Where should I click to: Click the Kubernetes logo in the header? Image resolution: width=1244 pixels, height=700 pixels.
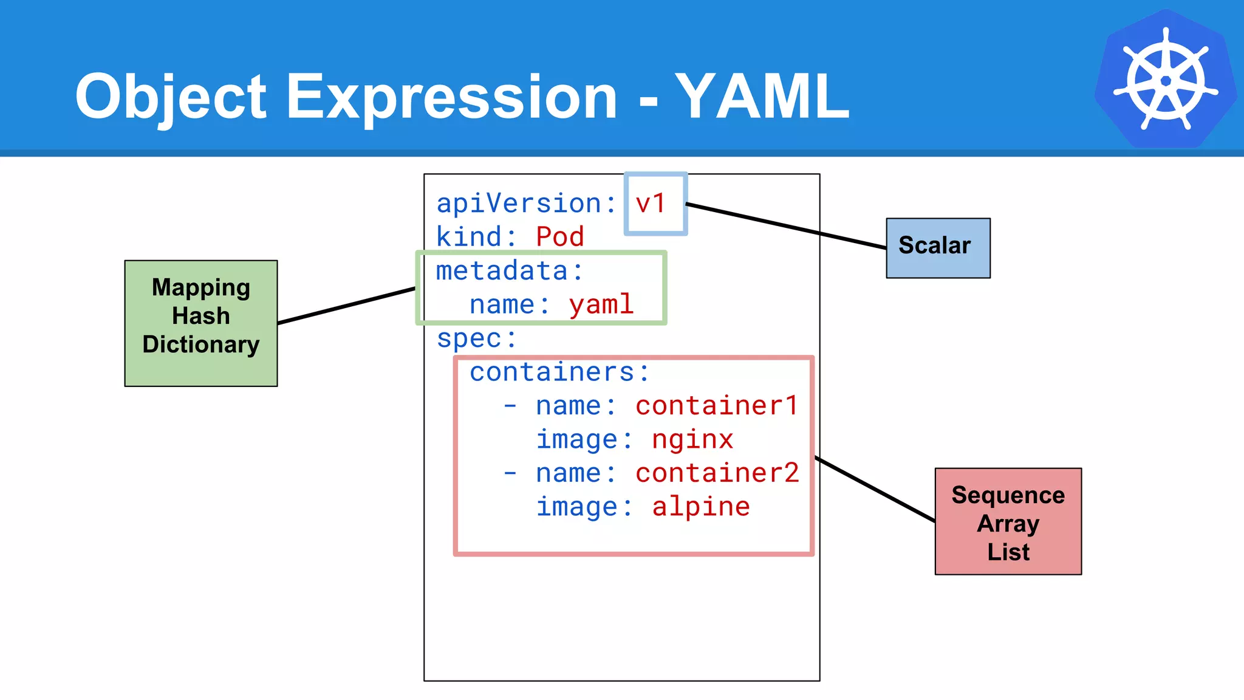click(x=1166, y=80)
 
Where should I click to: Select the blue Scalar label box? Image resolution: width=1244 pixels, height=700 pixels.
click(x=938, y=248)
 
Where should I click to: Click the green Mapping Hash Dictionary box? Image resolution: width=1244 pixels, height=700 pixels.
click(x=201, y=323)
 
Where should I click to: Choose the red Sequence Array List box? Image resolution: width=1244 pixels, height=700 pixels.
click(x=1008, y=521)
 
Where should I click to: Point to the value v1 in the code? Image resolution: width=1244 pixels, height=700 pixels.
click(x=651, y=204)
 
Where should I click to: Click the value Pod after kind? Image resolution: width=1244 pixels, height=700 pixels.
click(x=560, y=237)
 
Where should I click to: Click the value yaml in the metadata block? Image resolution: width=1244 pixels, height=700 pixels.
click(x=601, y=304)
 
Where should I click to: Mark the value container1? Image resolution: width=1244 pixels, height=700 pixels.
click(x=717, y=406)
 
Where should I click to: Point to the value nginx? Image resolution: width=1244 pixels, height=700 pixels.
click(x=692, y=439)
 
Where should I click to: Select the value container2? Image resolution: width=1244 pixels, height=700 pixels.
click(x=717, y=473)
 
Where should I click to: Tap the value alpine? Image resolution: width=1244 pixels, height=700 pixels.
click(x=701, y=507)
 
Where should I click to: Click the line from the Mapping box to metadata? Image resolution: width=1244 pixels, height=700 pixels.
click(x=346, y=306)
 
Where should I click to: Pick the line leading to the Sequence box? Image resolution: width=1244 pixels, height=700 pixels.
click(x=875, y=489)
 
